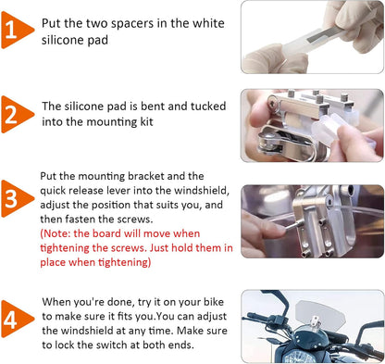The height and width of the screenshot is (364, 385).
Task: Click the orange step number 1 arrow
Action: pos(16,30)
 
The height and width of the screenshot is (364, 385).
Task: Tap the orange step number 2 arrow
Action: pos(16,115)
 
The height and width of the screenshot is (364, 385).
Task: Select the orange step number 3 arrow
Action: pos(16,198)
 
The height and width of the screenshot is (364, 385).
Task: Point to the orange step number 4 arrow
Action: pos(16,319)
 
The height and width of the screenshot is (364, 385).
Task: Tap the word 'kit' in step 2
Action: pos(146,121)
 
